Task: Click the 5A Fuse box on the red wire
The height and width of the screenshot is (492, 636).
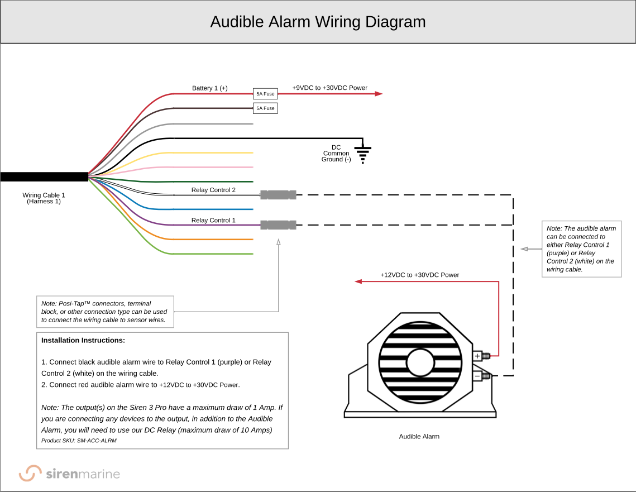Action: [x=265, y=94]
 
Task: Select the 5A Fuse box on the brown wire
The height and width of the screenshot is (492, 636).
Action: [x=265, y=108]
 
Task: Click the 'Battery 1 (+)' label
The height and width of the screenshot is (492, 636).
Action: [x=209, y=88]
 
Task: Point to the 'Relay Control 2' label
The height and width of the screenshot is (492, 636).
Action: [x=213, y=190]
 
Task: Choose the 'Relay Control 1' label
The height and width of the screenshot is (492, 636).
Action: [x=213, y=220]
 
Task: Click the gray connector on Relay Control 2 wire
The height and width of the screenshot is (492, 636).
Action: [x=278, y=195]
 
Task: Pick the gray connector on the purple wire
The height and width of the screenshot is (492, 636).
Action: [x=278, y=225]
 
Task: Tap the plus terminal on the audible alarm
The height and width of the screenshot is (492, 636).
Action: [x=478, y=356]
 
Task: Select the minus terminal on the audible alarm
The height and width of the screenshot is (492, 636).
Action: [x=478, y=376]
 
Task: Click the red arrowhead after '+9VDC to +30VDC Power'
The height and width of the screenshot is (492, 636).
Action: [x=379, y=94]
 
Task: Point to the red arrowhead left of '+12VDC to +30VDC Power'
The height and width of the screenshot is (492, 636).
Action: [x=358, y=281]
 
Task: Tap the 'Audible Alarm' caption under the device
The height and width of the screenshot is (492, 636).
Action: [x=419, y=437]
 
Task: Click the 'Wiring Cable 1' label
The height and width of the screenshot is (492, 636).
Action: [x=44, y=195]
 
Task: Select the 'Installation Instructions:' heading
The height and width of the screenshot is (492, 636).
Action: [x=83, y=340]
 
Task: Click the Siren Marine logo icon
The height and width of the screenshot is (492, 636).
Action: [x=30, y=474]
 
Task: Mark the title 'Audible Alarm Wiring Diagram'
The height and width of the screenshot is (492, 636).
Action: [x=318, y=22]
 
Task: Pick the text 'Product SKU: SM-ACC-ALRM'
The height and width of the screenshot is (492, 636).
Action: [x=79, y=441]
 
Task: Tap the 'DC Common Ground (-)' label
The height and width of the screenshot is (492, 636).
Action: [x=336, y=154]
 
